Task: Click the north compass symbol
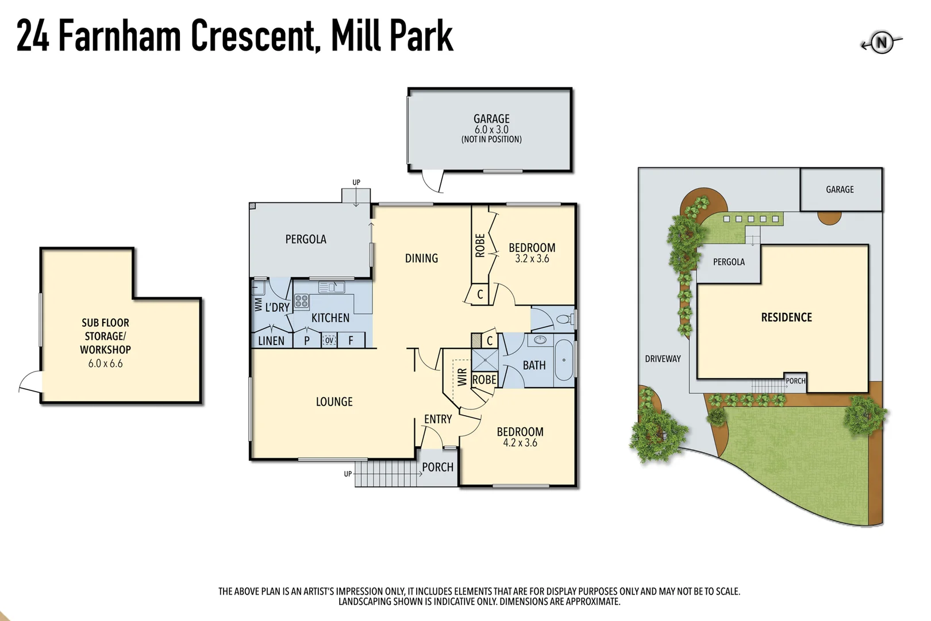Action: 881,43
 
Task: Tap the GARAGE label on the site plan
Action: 840,189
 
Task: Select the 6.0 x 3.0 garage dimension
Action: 491,129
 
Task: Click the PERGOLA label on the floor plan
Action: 306,239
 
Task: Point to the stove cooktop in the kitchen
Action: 302,301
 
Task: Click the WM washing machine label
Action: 258,304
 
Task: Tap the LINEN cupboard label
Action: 271,341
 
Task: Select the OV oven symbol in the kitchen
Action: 329,340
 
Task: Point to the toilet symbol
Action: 564,319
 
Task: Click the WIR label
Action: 462,377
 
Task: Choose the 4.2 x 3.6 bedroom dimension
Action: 520,443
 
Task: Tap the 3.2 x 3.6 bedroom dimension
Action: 532,259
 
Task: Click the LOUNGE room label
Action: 334,402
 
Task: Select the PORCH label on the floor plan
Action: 437,467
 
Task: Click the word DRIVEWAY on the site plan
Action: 663,359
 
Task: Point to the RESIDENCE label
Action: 786,317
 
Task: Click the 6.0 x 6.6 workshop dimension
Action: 105,363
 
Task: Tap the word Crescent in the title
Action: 254,36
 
